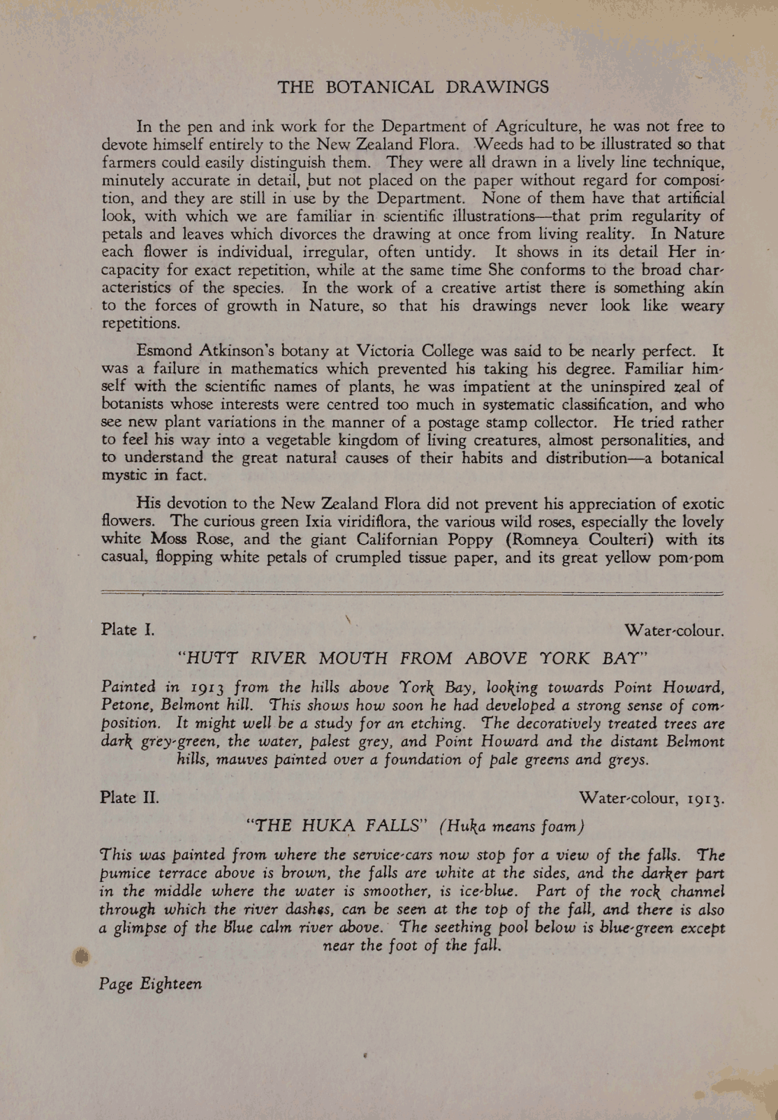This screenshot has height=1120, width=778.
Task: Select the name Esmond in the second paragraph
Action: [164, 351]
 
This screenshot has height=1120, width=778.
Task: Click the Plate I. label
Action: [128, 630]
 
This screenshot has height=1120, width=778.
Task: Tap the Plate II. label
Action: [130, 797]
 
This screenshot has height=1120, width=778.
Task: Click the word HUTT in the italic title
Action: [209, 658]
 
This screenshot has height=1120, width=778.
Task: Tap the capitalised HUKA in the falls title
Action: [328, 826]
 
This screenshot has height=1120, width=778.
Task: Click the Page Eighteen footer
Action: [151, 984]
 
